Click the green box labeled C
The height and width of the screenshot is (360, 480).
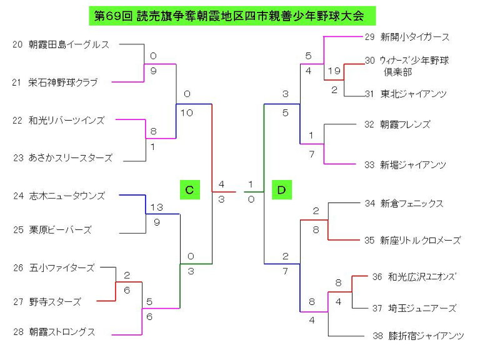coord(190,190)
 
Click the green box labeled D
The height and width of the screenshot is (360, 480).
coord(282,190)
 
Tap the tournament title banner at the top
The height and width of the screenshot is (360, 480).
coord(232,16)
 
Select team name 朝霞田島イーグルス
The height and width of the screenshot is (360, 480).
coord(69,45)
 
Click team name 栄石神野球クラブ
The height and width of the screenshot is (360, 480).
coord(63,82)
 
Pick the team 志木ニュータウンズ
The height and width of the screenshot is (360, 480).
coord(67,196)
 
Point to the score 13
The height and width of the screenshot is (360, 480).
coord(157,207)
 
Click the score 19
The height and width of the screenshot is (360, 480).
coord(334,71)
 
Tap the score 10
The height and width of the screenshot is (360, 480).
coord(187,113)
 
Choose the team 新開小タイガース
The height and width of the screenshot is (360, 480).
coord(415,37)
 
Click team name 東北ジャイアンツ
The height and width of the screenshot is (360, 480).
coord(414,94)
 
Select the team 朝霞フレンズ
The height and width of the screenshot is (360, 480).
coord(405,124)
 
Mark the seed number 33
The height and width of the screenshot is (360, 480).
coord(369,165)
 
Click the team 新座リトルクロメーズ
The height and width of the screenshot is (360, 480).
coord(420,241)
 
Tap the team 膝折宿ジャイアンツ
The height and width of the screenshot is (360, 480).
coord(426,336)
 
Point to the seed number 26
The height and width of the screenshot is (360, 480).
coord(18,268)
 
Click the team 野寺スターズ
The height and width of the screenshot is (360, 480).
coord(55,302)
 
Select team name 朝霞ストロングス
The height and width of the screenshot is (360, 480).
coord(62,332)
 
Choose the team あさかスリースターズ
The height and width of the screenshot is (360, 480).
coord(71,158)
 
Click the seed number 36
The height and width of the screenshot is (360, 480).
coord(377,277)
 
